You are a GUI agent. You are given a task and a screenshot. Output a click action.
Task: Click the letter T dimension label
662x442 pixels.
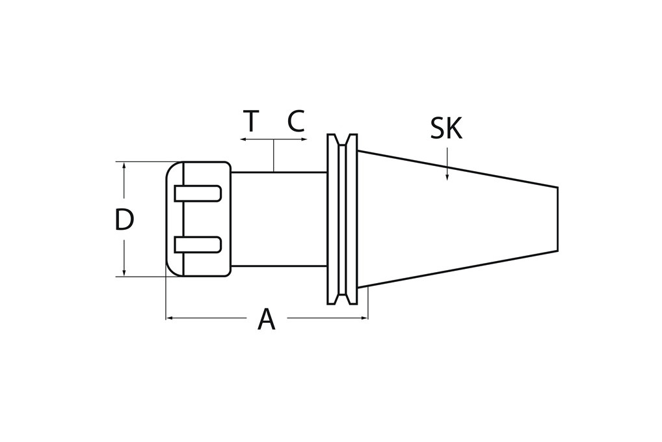[251, 122]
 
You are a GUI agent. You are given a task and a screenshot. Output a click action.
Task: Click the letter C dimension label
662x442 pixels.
[296, 122]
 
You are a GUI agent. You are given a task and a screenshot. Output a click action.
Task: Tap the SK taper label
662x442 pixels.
[446, 129]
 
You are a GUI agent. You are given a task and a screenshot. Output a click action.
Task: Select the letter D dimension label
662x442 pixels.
[124, 220]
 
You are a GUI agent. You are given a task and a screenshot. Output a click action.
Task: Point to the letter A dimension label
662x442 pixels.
[266, 320]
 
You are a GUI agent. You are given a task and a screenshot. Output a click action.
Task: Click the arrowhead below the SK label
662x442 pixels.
[447, 177]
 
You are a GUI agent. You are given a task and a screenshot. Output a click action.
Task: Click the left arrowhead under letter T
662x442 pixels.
[243, 139]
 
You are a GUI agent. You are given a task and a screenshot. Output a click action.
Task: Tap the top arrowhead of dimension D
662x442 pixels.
[124, 165]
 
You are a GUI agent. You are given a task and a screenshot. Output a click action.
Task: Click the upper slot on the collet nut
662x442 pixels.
[198, 193]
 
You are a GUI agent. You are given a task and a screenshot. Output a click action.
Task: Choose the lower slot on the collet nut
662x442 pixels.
[198, 245]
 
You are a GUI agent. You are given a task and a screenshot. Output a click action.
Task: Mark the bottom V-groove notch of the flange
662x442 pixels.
[342, 298]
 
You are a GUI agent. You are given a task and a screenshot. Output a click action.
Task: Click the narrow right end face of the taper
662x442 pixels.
[557, 219]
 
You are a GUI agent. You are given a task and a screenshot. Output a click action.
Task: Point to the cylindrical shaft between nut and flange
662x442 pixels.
[278, 219]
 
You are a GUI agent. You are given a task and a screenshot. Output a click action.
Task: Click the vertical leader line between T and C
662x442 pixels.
[274, 156]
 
